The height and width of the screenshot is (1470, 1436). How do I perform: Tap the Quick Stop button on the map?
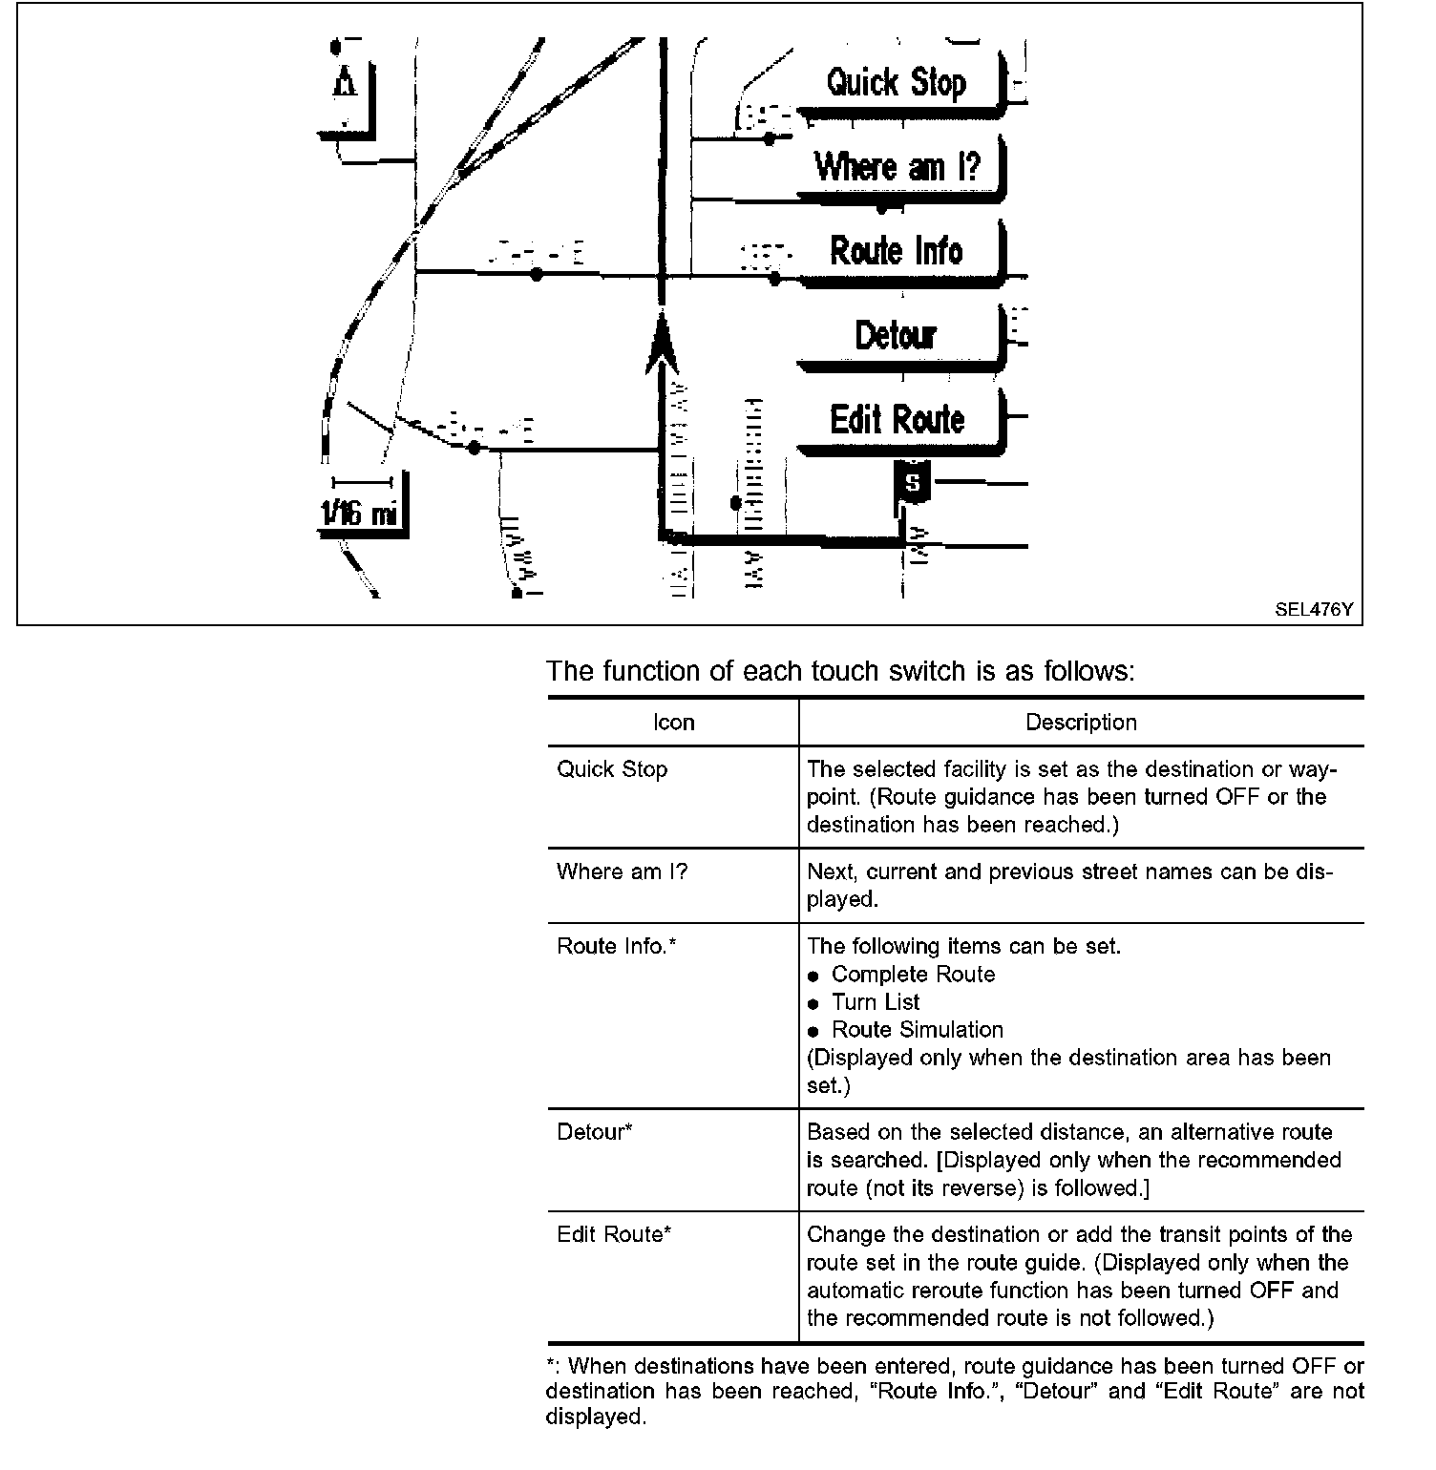point(897,83)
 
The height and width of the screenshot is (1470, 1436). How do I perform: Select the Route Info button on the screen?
point(897,251)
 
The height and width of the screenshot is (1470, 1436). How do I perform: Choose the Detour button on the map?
point(896,335)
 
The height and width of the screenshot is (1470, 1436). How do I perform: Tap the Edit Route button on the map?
point(897,419)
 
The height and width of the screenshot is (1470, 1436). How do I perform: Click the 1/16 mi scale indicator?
point(358,514)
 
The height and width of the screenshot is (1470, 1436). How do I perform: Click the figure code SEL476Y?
point(1314,609)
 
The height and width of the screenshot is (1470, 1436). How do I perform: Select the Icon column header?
point(673,723)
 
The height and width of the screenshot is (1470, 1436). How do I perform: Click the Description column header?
point(1081,723)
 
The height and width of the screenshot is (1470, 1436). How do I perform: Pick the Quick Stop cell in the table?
point(612,769)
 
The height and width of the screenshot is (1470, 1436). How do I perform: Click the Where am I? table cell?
point(622,871)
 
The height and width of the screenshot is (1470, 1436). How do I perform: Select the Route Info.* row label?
point(617,946)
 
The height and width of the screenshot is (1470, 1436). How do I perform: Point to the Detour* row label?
point(595,1132)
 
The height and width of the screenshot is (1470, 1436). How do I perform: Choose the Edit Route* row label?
point(614,1234)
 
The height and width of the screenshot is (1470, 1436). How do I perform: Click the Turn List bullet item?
point(876,1002)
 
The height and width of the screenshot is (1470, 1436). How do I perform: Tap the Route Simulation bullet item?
point(918,1030)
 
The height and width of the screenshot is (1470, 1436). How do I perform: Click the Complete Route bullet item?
point(913,975)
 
